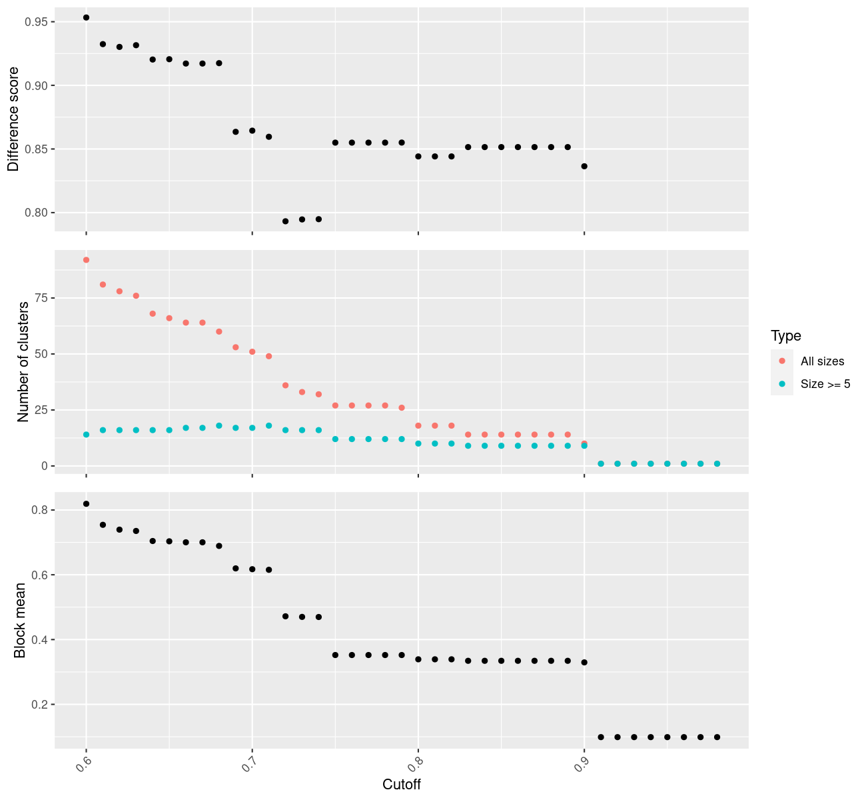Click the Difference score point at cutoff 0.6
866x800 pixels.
coord(86,17)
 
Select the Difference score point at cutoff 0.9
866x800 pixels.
coord(584,166)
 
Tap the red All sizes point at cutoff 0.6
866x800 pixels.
coord(86,260)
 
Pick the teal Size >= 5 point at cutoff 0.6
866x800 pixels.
coord(86,435)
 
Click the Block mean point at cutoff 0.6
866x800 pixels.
coord(86,504)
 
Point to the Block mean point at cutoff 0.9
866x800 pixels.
coord(584,662)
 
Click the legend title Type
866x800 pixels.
coord(785,336)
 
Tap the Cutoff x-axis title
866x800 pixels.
coord(402,785)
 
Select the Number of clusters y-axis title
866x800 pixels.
coord(23,362)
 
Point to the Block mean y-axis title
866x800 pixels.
coord(21,620)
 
